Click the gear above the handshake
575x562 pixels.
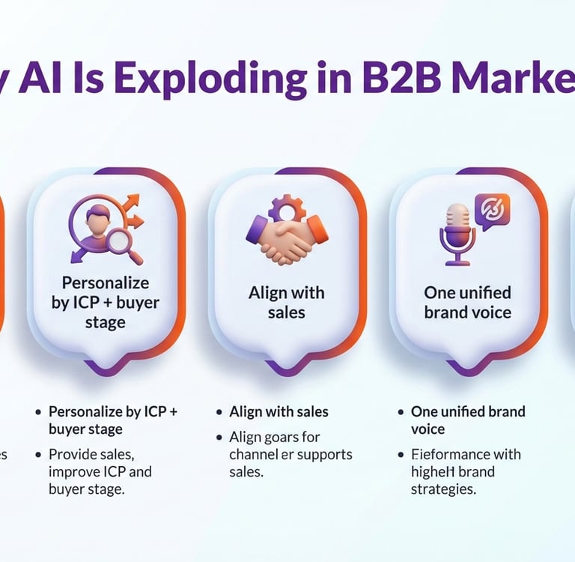287,207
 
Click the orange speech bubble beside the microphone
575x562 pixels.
492,211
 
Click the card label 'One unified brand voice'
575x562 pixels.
467,302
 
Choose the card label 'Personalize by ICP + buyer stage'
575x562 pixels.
106,303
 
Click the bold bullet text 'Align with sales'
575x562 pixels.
279,411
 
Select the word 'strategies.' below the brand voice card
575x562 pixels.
444,489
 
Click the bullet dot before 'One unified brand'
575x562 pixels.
400,412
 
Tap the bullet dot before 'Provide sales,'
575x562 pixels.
37,455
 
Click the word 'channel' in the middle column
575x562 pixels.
255,454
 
